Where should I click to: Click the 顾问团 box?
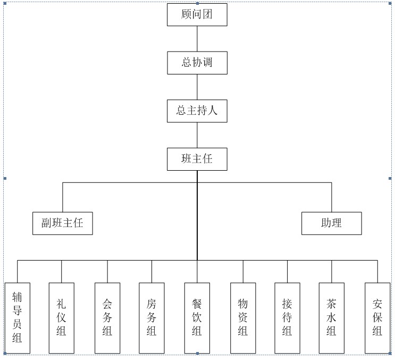click(x=197, y=14)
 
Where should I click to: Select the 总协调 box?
click(x=197, y=63)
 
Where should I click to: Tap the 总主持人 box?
click(x=197, y=111)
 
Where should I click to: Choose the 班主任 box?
click(x=197, y=159)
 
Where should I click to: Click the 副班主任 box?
click(x=62, y=223)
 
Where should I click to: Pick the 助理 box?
click(x=331, y=223)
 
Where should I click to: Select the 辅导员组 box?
click(x=17, y=317)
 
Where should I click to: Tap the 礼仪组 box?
click(x=61, y=317)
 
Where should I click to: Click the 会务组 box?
click(x=107, y=317)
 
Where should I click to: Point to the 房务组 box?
click(x=152, y=317)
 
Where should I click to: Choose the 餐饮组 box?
click(x=197, y=317)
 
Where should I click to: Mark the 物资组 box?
click(x=243, y=317)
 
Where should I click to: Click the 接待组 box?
click(x=288, y=317)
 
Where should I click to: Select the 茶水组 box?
click(x=332, y=317)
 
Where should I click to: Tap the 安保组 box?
click(x=377, y=317)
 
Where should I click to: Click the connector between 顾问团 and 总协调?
click(x=197, y=38)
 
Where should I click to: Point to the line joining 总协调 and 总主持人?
click(x=197, y=87)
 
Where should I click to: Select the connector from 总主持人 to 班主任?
click(x=197, y=135)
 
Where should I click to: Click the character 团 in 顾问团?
click(x=207, y=14)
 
